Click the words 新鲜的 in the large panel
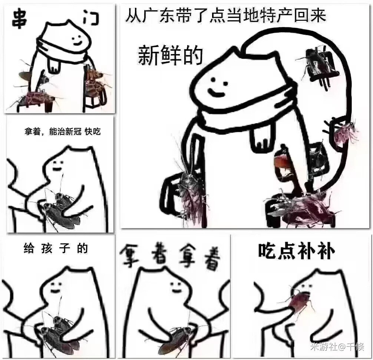click(170, 56)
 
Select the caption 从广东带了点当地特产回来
click(225, 16)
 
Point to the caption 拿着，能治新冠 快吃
click(63, 131)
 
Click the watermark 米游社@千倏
click(337, 347)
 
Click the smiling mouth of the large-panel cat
click(216, 93)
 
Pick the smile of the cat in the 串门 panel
click(77, 43)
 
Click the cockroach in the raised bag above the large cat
click(316, 63)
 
